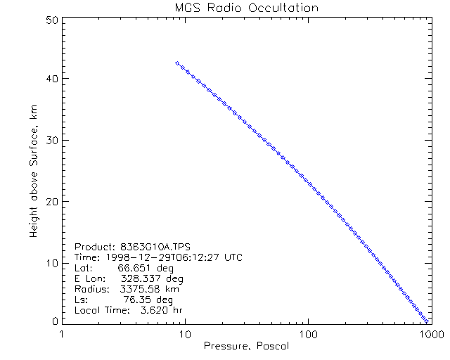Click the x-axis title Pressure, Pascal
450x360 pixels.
click(246, 346)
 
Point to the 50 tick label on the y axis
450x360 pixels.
click(50, 21)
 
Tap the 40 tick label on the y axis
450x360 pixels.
click(50, 79)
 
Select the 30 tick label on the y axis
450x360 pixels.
click(50, 141)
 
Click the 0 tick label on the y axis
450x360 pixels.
click(53, 321)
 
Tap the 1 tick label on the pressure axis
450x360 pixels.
click(63, 333)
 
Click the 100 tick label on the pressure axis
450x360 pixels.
click(307, 333)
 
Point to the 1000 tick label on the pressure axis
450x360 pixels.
click(427, 333)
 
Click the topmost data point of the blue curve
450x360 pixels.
click(177, 63)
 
